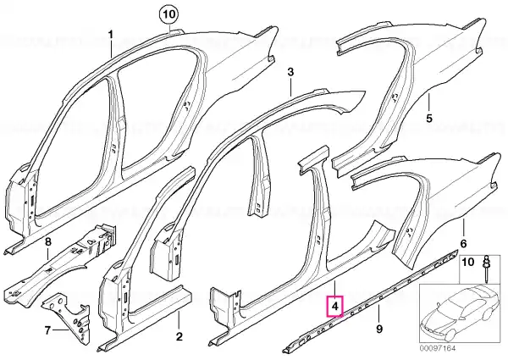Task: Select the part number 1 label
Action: coord(111,35)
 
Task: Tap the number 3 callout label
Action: coord(290,72)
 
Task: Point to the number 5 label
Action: coord(429,119)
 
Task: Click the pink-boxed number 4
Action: coord(335,306)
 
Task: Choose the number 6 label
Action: coord(463,243)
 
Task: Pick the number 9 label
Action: coord(379,329)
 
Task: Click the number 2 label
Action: coord(179,336)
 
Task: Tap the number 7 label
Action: coord(47,330)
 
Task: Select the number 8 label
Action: coord(47,241)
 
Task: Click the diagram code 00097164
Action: coord(438,348)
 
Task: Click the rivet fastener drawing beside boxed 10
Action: coord(486,264)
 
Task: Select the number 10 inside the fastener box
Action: coord(467,262)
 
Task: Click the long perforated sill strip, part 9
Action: coord(372,300)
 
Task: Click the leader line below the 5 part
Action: coord(429,102)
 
